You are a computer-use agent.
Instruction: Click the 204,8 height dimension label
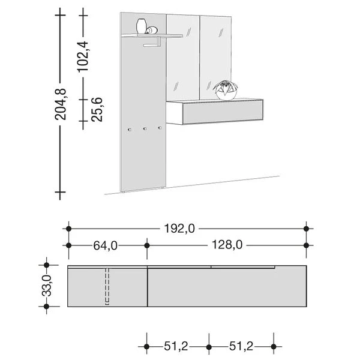click(x=60, y=103)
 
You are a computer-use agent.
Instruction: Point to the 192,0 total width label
click(x=178, y=229)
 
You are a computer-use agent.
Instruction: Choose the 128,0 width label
click(x=226, y=245)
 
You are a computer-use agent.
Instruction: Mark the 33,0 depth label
click(x=48, y=285)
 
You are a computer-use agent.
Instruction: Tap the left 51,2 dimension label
click(x=177, y=346)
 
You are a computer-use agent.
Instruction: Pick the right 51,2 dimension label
click(x=241, y=346)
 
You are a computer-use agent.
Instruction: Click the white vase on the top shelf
click(x=142, y=26)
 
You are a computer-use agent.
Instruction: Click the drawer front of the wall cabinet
click(x=223, y=113)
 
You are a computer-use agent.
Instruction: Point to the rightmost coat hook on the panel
click(x=160, y=127)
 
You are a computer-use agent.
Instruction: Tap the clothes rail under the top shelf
click(x=152, y=43)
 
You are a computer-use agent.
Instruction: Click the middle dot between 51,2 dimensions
click(x=209, y=346)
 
